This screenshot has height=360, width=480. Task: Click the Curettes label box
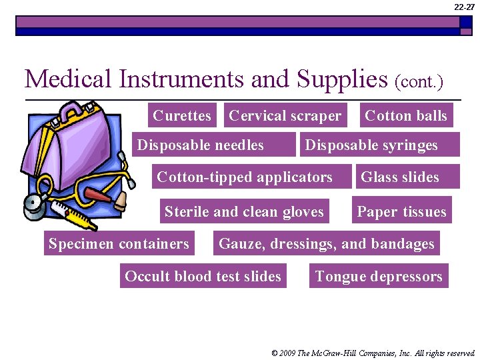coord(181,115)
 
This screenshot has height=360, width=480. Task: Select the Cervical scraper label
coord(285,115)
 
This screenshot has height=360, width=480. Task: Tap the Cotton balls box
coord(406,115)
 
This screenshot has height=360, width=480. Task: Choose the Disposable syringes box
coord(379,145)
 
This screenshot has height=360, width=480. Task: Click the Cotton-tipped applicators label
coord(244,177)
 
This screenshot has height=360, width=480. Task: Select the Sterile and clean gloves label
coord(244,211)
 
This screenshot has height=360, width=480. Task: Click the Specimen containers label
coord(119,243)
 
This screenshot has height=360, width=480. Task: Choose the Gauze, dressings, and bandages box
coord(327,243)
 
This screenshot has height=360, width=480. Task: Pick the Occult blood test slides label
coord(203,276)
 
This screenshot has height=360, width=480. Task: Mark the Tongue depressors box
coord(379,276)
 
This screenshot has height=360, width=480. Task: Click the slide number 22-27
coord(465,7)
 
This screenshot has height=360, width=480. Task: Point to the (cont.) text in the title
coord(419,82)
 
